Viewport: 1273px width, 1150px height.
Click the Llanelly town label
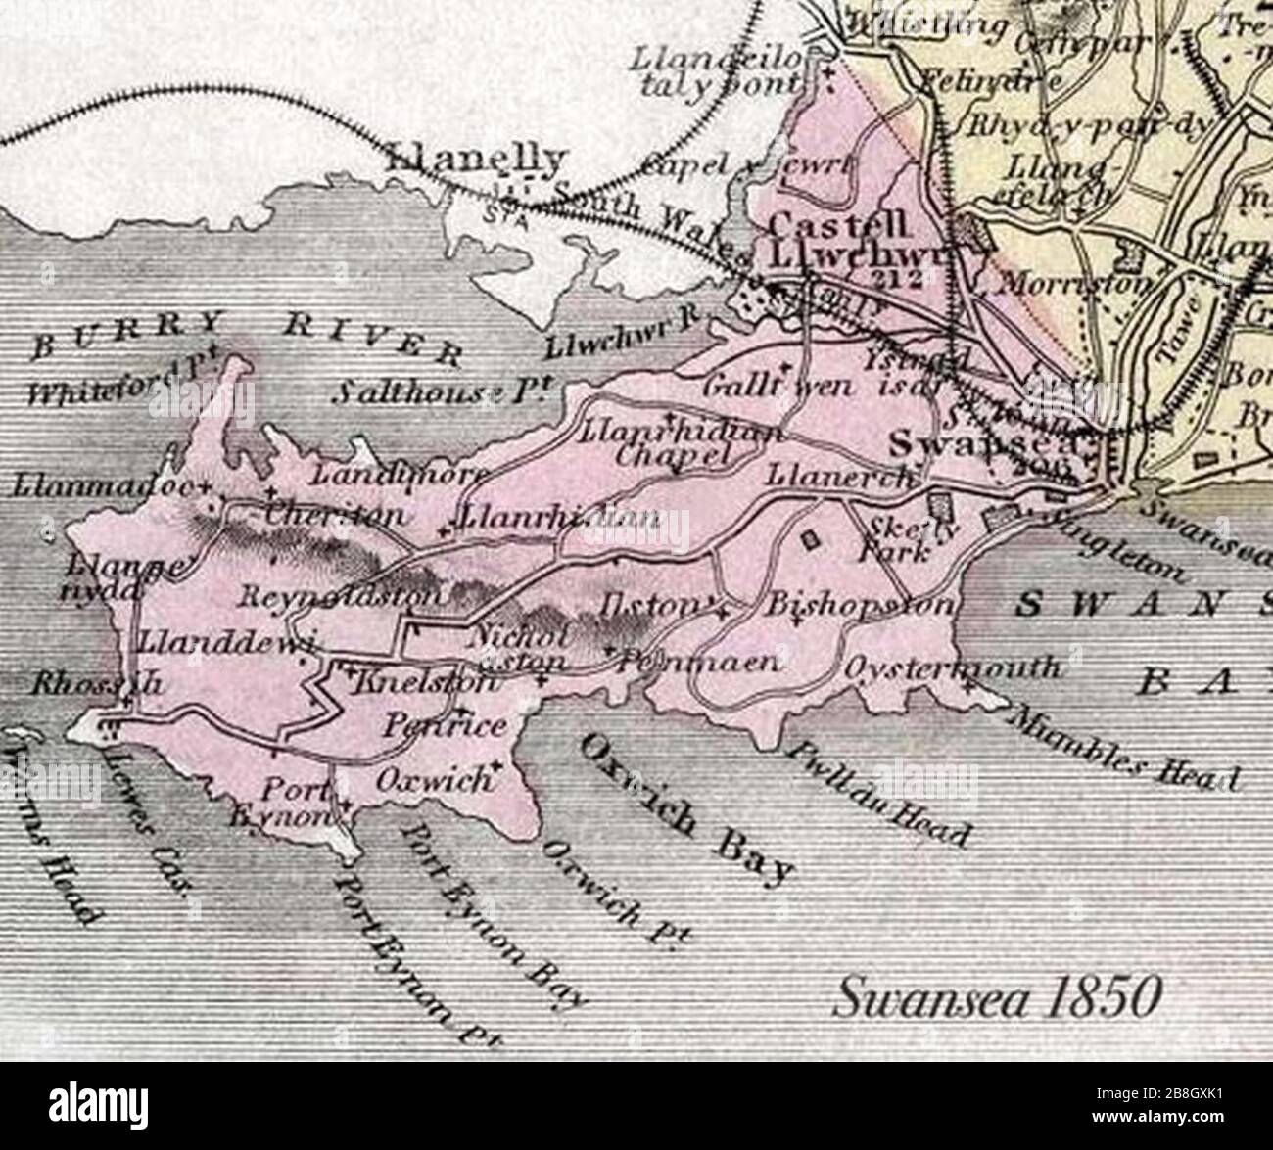click(478, 161)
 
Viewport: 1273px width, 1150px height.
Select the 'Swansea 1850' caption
click(995, 999)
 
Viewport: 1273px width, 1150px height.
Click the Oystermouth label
click(951, 667)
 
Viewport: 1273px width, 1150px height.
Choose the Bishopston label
click(860, 604)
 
